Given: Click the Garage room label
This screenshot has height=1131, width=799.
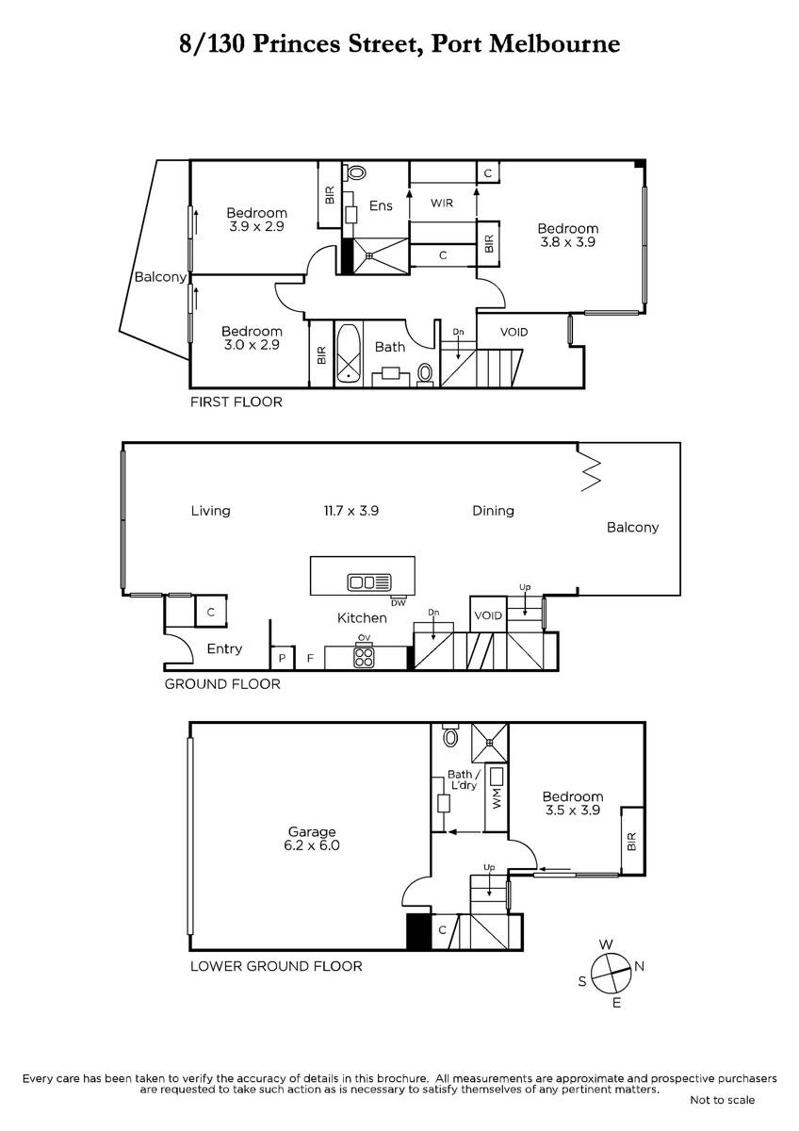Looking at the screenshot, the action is [312, 831].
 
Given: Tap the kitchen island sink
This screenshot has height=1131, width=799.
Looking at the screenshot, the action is [369, 582].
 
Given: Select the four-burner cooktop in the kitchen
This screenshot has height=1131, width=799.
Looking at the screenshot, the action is [364, 657].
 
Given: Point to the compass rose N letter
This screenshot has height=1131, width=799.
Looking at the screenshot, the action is [639, 966].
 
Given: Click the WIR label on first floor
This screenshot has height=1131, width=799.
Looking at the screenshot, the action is [442, 203].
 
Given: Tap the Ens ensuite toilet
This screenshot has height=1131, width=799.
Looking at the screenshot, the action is [355, 172].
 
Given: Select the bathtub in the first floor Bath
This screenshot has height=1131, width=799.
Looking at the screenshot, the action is [349, 353].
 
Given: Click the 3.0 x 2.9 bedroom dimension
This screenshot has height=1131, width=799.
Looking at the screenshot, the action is [252, 345].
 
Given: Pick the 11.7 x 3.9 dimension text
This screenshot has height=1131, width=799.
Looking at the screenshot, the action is [351, 511].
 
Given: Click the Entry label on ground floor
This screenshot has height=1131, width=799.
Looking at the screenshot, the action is [224, 648].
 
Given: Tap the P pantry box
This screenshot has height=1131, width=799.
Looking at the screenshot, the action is [282, 659].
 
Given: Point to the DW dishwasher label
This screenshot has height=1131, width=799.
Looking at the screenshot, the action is [398, 603].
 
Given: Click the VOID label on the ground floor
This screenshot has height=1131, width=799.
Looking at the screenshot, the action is [488, 615].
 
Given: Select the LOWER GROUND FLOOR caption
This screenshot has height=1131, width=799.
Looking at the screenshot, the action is [276, 966].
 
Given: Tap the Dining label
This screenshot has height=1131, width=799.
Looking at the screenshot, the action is [493, 511].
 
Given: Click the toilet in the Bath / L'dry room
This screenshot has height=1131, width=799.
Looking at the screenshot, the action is [449, 736].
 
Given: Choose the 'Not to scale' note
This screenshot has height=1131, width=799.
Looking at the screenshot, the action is [723, 1101].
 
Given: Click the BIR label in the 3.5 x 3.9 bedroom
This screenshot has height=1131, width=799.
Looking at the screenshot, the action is [632, 841].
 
